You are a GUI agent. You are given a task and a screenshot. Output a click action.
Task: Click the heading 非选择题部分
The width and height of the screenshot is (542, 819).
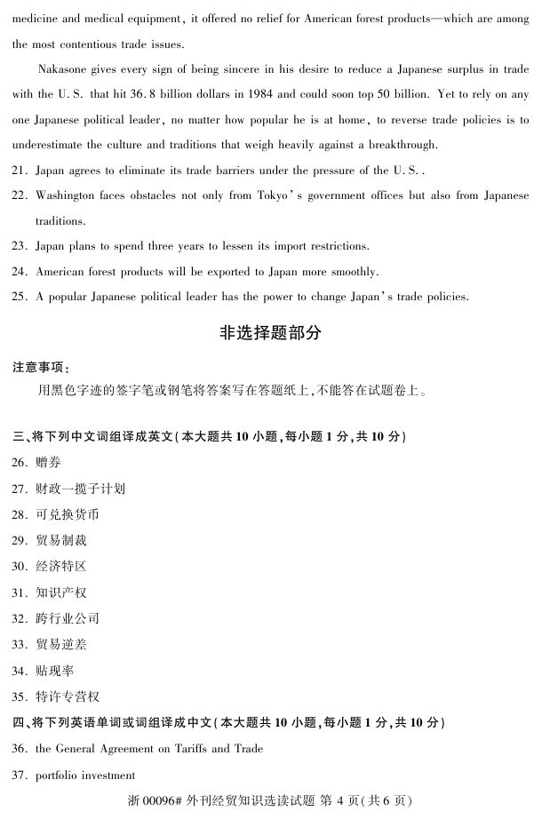tap(270, 334)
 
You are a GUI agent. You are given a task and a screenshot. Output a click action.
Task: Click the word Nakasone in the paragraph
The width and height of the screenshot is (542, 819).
tap(64, 68)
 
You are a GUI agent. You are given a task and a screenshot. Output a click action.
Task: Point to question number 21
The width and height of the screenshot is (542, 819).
tap(20, 171)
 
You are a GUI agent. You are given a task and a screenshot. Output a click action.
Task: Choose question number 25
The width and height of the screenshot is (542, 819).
tap(20, 298)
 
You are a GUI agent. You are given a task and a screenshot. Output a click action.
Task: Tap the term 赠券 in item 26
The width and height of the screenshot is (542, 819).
tap(49, 463)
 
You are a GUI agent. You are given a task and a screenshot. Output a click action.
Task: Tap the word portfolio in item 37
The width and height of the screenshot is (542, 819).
tap(58, 775)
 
